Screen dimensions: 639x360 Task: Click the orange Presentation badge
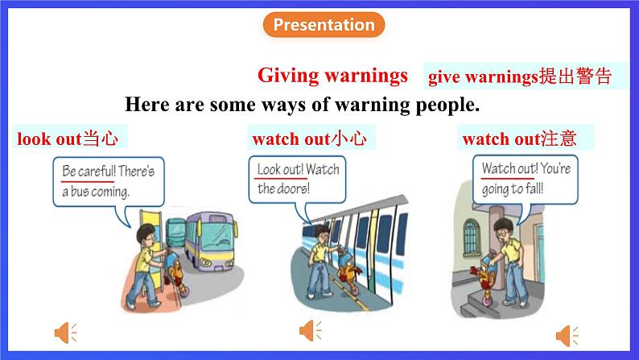[x=324, y=24]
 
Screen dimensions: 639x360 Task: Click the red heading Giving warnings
[x=332, y=76]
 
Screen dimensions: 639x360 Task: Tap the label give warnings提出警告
[x=520, y=77]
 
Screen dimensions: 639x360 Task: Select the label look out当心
[x=68, y=139]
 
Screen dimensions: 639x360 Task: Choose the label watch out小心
[x=310, y=139]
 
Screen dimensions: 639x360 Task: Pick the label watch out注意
[x=520, y=139]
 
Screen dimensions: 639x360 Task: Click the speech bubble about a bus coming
[x=109, y=182]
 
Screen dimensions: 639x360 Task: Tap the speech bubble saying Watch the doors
[x=297, y=180]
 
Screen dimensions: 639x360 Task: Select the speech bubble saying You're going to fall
[x=526, y=180]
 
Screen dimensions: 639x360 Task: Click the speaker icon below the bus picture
[x=66, y=333]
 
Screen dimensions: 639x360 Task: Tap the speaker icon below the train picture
[x=311, y=330]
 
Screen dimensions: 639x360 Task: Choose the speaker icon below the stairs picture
[x=567, y=336]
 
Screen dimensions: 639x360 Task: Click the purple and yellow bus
[x=211, y=241]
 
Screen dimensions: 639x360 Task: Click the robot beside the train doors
[x=348, y=270]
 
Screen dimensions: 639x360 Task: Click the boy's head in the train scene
[x=322, y=235]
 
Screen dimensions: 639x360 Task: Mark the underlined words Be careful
[x=89, y=171]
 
